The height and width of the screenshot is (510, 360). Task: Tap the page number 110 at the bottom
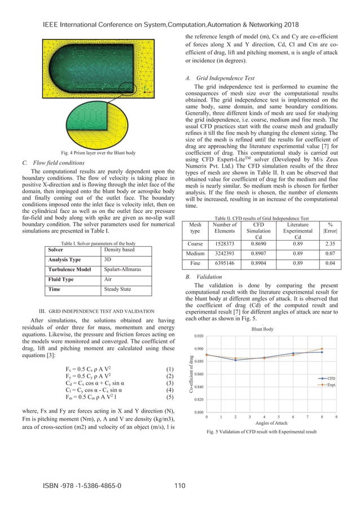[180, 485]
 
